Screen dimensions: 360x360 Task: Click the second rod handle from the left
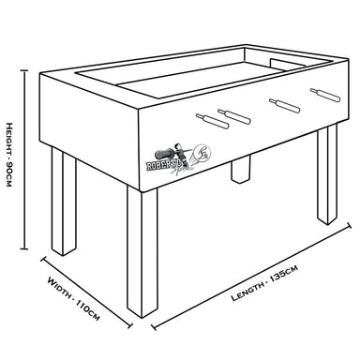tap(233, 114)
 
